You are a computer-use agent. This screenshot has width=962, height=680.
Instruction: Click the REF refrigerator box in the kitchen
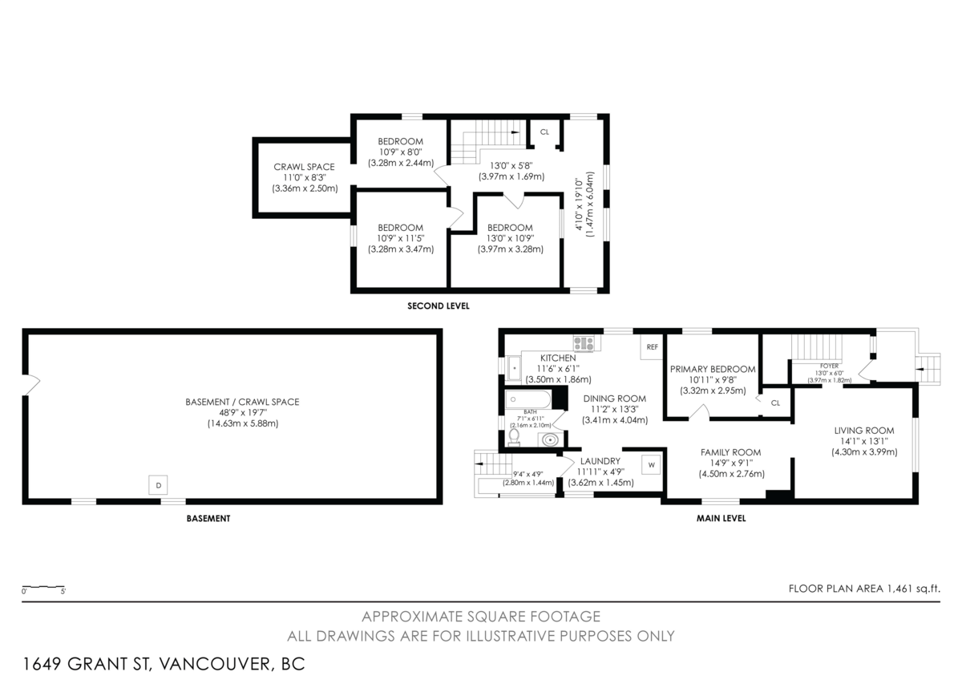652,347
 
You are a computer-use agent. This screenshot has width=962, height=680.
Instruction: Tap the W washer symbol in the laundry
651,464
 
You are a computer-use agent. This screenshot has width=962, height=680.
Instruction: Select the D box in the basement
158,485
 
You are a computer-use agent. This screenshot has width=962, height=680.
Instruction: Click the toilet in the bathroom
514,437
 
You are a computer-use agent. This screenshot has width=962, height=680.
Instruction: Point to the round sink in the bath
549,439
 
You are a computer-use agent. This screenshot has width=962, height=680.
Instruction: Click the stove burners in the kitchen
584,342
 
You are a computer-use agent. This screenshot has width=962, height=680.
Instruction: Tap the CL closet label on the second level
544,132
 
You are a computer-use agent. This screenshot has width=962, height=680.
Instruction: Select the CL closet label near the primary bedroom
775,403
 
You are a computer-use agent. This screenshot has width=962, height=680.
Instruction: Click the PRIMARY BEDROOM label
713,369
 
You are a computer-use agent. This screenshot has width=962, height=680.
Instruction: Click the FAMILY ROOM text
730,452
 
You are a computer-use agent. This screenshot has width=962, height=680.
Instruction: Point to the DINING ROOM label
614,398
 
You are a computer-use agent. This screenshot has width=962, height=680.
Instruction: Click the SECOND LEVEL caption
438,306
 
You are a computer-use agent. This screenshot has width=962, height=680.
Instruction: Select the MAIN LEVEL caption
721,518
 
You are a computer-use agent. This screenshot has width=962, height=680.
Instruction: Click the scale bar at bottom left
43,588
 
